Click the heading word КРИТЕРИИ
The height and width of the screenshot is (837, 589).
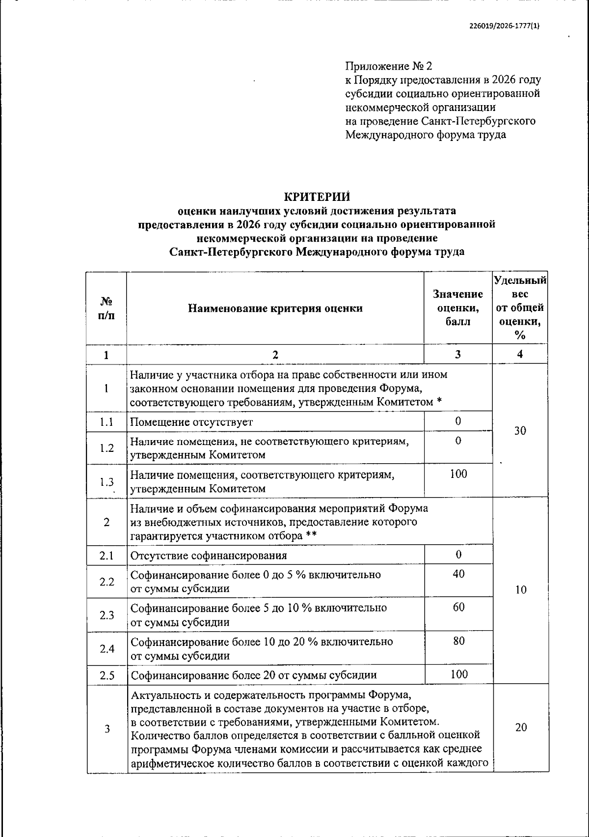click(x=318, y=197)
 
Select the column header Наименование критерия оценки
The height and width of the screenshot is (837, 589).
click(x=275, y=308)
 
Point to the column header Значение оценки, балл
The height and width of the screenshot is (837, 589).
click(x=458, y=307)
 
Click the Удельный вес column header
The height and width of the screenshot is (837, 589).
click(x=520, y=307)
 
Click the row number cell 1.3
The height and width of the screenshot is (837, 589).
click(x=107, y=482)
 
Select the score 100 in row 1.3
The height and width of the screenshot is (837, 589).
click(x=458, y=474)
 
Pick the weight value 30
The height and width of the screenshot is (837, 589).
click(x=520, y=431)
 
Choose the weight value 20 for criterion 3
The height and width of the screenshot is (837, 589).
click(x=521, y=727)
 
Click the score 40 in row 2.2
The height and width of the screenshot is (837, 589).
click(x=458, y=574)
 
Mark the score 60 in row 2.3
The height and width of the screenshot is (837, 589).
click(x=458, y=607)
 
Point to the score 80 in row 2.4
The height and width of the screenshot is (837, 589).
click(x=458, y=641)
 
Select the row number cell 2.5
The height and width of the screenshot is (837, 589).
click(x=107, y=675)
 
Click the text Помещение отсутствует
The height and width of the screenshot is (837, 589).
click(x=191, y=422)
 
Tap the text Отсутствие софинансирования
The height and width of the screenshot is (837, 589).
click(x=209, y=556)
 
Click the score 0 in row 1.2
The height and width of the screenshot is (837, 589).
click(x=458, y=441)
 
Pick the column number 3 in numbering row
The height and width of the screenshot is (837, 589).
click(x=458, y=354)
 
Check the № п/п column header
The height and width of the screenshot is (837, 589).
click(x=107, y=308)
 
